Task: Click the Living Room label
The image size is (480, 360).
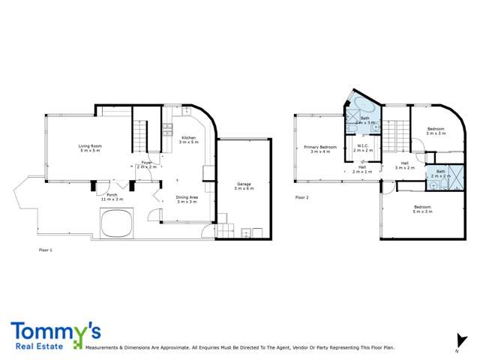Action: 91,148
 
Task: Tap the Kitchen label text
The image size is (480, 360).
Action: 188,139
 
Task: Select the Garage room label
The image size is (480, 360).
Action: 244,185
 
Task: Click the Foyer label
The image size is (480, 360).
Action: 146,164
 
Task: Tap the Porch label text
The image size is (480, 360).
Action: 111,196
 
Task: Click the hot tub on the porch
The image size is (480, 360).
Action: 118,223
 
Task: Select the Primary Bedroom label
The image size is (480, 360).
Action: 320,148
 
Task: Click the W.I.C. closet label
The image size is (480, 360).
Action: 363,148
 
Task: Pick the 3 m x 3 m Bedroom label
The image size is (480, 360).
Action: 436,131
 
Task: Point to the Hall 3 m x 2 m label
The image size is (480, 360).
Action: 405,165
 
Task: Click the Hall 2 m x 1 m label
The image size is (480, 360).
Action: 362,169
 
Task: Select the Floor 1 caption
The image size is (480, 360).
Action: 46,248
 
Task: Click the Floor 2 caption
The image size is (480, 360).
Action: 301,197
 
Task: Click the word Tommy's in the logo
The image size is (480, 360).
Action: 56,331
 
